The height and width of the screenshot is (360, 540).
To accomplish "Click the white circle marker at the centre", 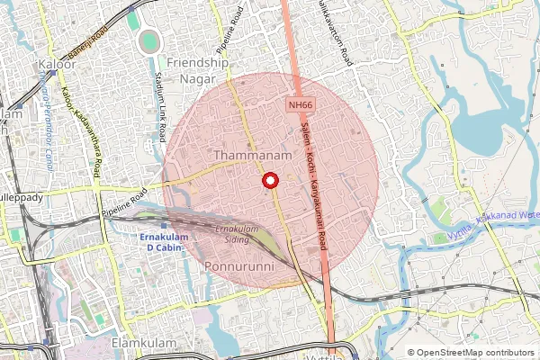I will coord(269,181).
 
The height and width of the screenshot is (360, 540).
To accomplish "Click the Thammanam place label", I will coord(254,156).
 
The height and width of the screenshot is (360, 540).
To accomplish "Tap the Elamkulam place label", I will coord(141,343).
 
